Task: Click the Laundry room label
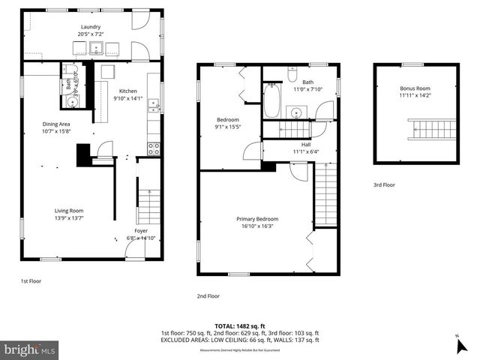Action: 90,27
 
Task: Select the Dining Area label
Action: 55,124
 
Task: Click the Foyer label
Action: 141,230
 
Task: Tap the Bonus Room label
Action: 415,88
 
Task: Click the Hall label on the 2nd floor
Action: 306,145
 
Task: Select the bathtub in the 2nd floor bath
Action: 271,101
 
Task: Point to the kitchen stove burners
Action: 154,148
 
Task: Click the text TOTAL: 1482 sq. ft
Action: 239,325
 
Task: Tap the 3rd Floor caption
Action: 385,184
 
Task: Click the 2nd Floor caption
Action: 208,295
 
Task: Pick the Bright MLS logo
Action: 29,349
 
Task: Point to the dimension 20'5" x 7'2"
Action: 90,34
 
